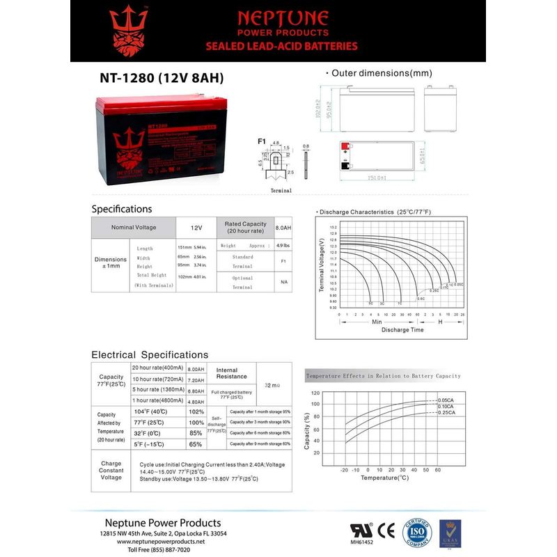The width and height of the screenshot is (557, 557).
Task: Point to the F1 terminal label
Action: coord(262,141)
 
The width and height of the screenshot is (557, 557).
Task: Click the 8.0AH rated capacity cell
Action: coord(283,228)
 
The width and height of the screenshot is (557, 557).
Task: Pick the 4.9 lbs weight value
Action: coord(283,246)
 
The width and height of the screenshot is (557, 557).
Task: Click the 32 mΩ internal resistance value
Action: coord(272,385)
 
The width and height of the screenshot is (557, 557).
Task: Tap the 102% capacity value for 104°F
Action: coord(196,411)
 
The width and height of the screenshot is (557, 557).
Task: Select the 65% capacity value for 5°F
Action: coord(196,444)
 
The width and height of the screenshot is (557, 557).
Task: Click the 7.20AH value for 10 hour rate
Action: coord(196,380)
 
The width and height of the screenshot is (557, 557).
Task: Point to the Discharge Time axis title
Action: coord(402,330)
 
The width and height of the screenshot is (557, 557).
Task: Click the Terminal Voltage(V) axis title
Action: coord(321,265)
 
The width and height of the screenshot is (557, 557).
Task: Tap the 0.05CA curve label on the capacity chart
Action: coord(446,400)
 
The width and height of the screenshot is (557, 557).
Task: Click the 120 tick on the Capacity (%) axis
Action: coord(315,393)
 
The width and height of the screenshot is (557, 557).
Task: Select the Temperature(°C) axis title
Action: coord(384,478)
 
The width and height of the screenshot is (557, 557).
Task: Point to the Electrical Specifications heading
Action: coord(150,355)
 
